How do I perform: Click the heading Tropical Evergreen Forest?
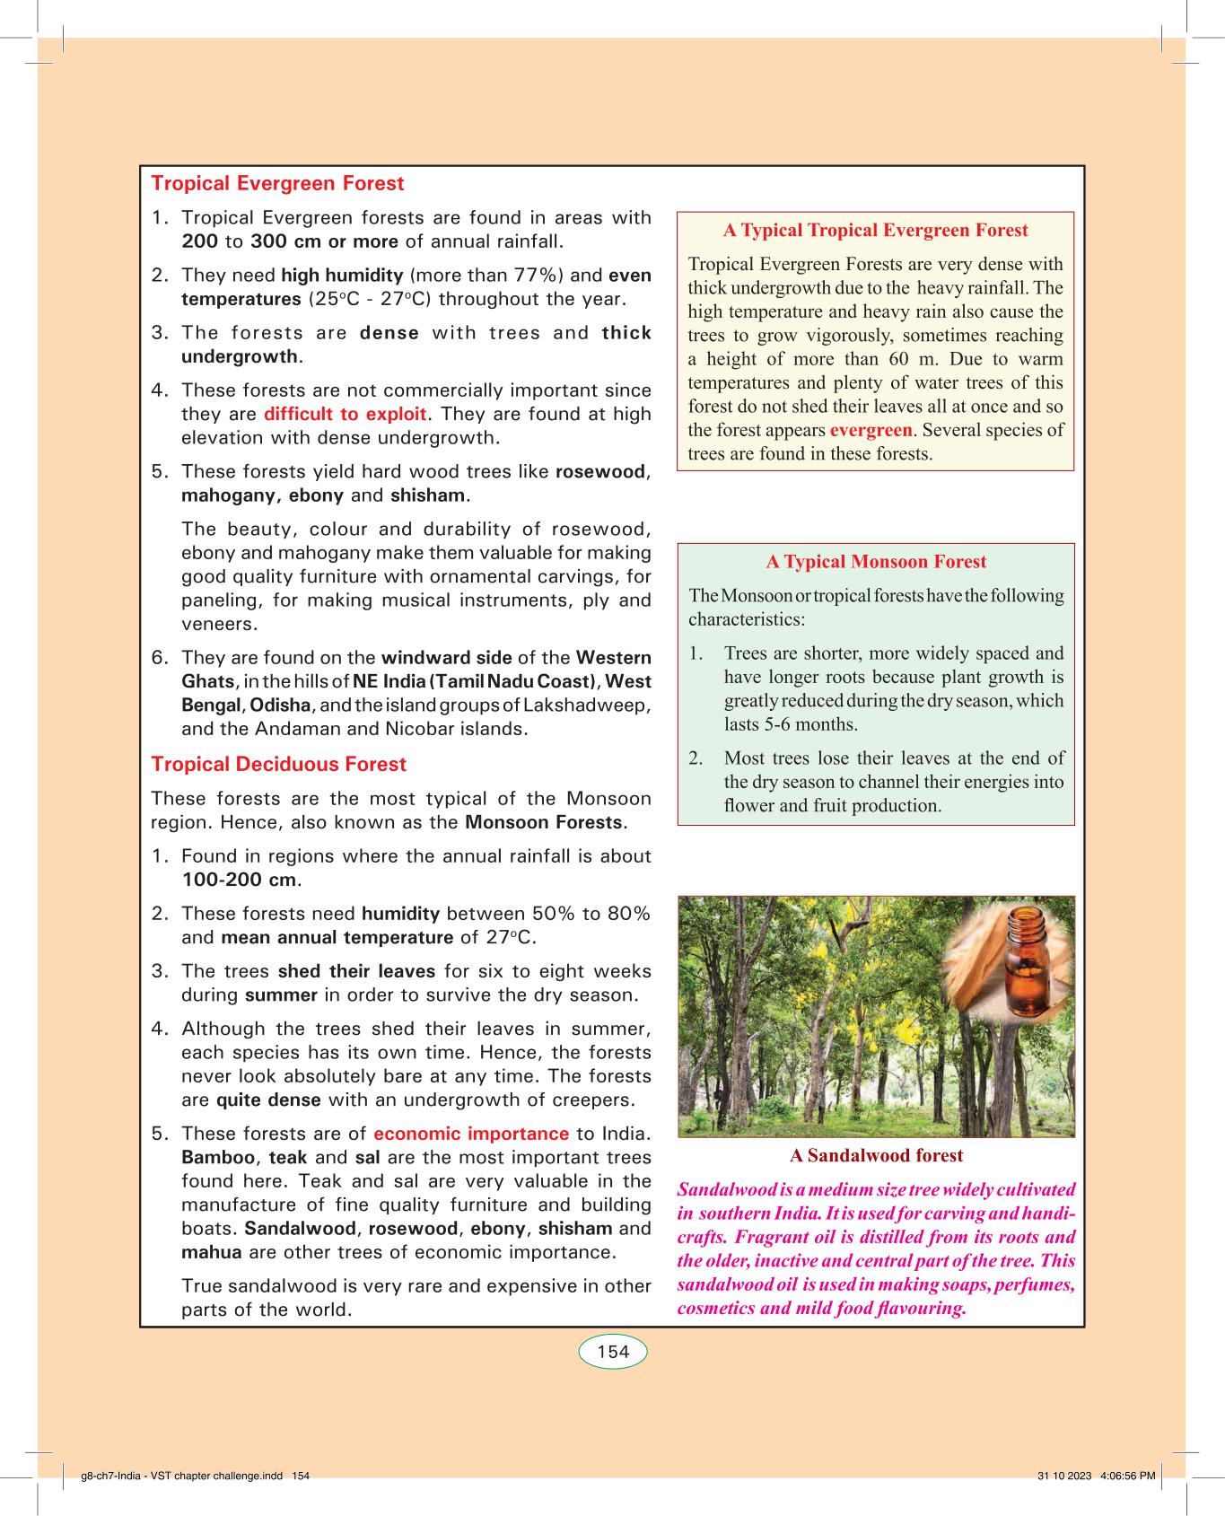coord(277,183)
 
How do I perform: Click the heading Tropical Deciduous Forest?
coord(278,764)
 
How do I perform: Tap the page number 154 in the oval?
coord(613,1352)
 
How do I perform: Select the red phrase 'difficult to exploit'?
coord(346,414)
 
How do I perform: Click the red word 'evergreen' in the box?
coord(871,430)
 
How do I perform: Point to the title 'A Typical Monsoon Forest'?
coord(876,562)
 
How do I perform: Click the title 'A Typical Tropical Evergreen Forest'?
coord(875,231)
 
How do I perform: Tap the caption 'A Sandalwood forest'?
coord(876,1156)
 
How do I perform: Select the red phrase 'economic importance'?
coord(471,1134)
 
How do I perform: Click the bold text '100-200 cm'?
coord(239,880)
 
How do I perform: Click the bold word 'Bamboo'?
coord(218,1158)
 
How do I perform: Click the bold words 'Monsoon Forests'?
coord(544,822)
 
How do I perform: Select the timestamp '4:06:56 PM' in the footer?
coord(1128,1476)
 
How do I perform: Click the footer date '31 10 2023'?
coord(1064,1476)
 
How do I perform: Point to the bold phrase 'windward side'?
coord(446,658)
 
